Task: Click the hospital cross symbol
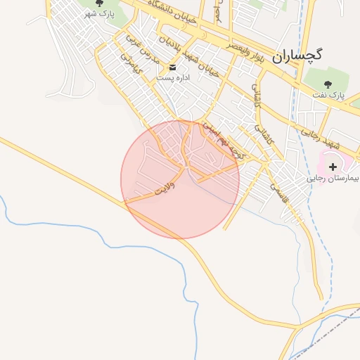pos(333,167)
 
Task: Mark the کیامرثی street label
pos(131,65)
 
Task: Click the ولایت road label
pos(162,188)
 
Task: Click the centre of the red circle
pos(180,179)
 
